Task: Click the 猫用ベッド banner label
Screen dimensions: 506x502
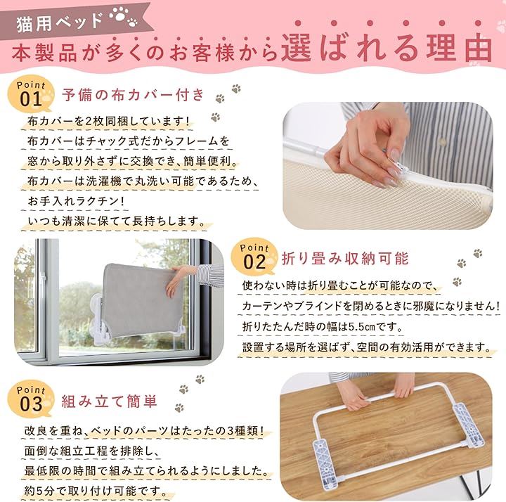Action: [x=60, y=23]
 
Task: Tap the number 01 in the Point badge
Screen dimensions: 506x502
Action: [x=31, y=99]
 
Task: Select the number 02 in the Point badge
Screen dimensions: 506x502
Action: [x=254, y=262]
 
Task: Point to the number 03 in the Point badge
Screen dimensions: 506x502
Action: [x=31, y=404]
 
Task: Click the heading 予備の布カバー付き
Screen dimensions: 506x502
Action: [x=134, y=95]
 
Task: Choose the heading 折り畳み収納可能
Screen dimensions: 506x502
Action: [x=345, y=259]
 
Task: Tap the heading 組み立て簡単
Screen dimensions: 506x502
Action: [x=110, y=401]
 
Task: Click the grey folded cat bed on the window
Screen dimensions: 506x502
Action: [x=138, y=299]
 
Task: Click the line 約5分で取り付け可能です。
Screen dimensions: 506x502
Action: [x=96, y=491]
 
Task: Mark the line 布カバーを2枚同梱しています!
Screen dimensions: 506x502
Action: [x=108, y=122]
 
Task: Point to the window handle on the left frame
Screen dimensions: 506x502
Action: [x=41, y=282]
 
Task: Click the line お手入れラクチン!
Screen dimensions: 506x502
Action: [x=76, y=202]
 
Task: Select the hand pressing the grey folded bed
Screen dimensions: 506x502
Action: [x=176, y=280]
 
